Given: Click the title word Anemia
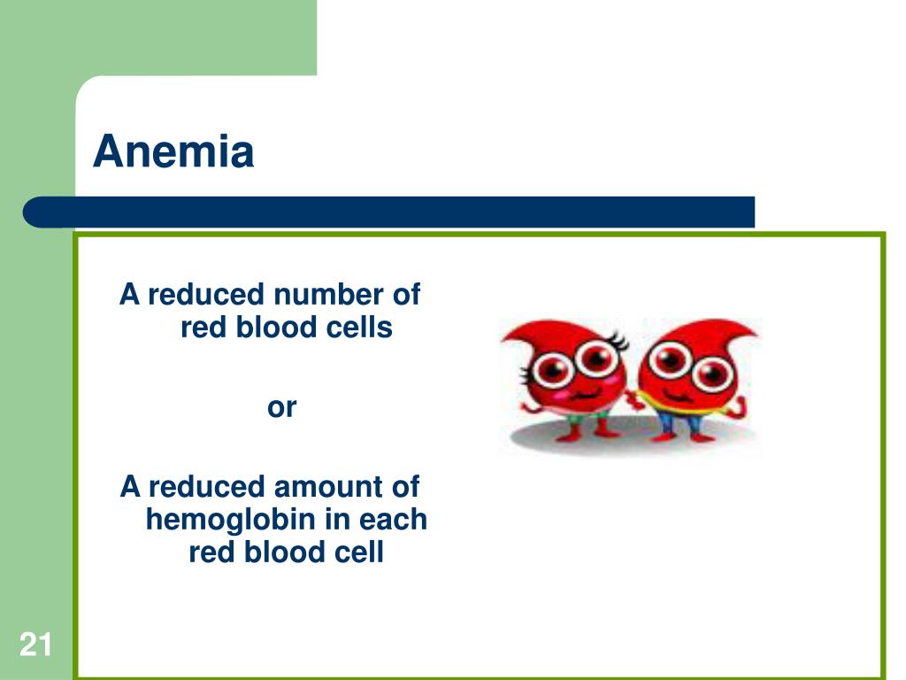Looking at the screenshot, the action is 173,151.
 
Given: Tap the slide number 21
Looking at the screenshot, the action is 35,645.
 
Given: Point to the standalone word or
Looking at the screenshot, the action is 282,407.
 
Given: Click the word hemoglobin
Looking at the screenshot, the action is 231,520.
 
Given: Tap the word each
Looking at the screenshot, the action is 393,519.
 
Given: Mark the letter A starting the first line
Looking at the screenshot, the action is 129,294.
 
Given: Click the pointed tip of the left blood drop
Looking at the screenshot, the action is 503,339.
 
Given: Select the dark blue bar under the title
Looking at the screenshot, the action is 388,212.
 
